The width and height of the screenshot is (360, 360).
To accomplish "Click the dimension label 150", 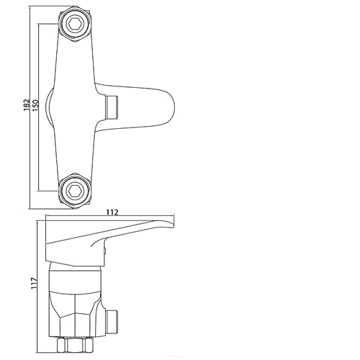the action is tap(35, 105).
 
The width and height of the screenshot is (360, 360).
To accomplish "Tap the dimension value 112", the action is tap(112, 212).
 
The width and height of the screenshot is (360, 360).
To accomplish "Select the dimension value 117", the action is tap(35, 283).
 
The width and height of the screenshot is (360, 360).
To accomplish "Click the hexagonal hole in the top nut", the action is tap(74, 24).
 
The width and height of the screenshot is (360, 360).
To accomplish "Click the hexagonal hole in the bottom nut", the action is tap(74, 191).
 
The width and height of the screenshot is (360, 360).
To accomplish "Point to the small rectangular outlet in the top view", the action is tap(112, 107).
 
